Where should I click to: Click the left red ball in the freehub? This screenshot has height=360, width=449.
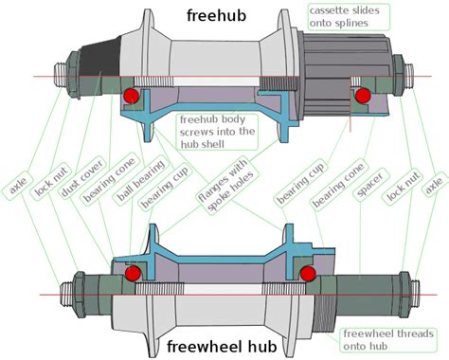(x=132, y=96)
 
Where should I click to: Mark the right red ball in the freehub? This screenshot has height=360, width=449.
(x=362, y=96)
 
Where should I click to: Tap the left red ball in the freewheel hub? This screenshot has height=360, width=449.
(x=132, y=273)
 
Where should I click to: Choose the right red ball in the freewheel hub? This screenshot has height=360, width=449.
(x=307, y=273)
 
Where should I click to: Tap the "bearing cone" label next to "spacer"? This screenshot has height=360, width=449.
(x=329, y=185)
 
